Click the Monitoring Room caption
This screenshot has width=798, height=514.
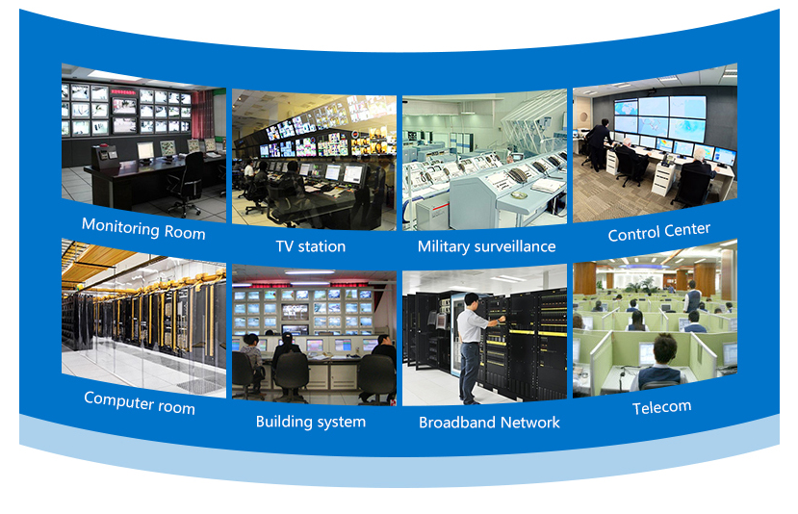coord(143,228)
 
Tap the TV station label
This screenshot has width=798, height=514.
coord(310,246)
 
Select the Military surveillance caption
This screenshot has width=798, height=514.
coord(486,246)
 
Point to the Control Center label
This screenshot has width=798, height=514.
coord(658,232)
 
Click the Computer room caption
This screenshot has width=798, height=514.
coord(140,401)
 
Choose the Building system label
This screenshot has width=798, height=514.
coord(310,422)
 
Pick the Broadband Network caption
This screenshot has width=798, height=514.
coord(489,422)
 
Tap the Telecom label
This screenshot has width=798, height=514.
coord(661,407)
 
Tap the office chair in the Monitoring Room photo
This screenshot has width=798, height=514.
coord(186,181)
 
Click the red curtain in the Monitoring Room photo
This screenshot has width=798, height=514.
coord(200,113)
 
